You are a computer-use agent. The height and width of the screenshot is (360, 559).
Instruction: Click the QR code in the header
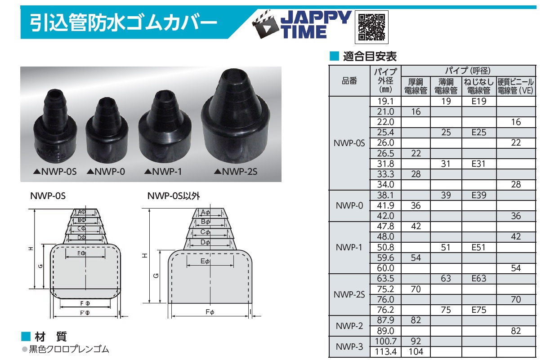pyautogui.click(x=371, y=27)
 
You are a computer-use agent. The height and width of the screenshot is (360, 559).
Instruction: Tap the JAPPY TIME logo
pyautogui.click(x=301, y=24)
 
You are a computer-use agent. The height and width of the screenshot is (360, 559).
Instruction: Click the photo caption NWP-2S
pyautogui.click(x=236, y=172)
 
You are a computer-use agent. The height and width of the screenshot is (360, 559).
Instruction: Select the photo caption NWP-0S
pyautogui.click(x=55, y=172)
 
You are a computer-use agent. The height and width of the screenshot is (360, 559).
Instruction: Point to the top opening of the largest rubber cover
pyautogui.click(x=235, y=76)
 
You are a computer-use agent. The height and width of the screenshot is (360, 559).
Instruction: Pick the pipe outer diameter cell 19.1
pyautogui.click(x=385, y=101)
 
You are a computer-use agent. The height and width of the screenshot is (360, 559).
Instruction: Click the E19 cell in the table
pyautogui.click(x=479, y=101)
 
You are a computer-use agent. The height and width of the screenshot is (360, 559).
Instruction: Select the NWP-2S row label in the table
pyautogui.click(x=349, y=295)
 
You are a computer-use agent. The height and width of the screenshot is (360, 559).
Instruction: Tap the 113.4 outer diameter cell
pyautogui.click(x=385, y=351)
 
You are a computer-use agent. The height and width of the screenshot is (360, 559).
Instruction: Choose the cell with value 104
pyautogui.click(x=416, y=351)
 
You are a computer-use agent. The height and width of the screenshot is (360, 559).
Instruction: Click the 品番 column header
pyautogui.click(x=349, y=81)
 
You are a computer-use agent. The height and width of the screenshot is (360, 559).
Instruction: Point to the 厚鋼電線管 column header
pyautogui.click(x=416, y=86)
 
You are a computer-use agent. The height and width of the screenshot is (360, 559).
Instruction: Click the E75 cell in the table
pyautogui.click(x=479, y=310)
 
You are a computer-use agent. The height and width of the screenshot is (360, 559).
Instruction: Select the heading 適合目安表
pyautogui.click(x=370, y=56)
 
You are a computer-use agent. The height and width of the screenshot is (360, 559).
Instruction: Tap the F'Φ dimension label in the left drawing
pyautogui.click(x=85, y=313)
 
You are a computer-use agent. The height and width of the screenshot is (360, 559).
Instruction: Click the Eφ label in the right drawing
pyautogui.click(x=205, y=261)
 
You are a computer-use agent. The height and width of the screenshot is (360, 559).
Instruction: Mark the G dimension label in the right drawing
pyautogui.click(x=156, y=276)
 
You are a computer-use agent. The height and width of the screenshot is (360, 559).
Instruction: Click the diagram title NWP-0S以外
pyautogui.click(x=174, y=196)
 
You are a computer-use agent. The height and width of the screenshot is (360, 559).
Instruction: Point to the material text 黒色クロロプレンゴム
pyautogui.click(x=69, y=349)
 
